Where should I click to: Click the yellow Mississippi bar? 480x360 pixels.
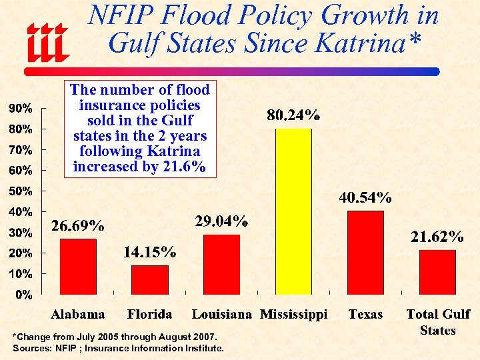[293, 211]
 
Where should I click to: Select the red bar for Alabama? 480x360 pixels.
[78, 266]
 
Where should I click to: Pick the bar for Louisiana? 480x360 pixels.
[221, 264]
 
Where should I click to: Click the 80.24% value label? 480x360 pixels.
[293, 116]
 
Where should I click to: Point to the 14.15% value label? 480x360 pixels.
[150, 252]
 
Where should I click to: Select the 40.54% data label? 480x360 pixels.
[365, 197]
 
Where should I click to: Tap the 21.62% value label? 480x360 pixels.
[437, 237]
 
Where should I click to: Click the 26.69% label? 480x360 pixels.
[78, 226]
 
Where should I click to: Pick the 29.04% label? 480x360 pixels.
[222, 221]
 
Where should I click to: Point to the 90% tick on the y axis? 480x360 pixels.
[20, 108]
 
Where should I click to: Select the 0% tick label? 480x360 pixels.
[23, 294]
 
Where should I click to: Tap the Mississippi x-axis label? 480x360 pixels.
[293, 315]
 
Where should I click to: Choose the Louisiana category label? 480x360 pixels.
[222, 315]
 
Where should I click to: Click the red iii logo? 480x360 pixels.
[47, 41]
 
